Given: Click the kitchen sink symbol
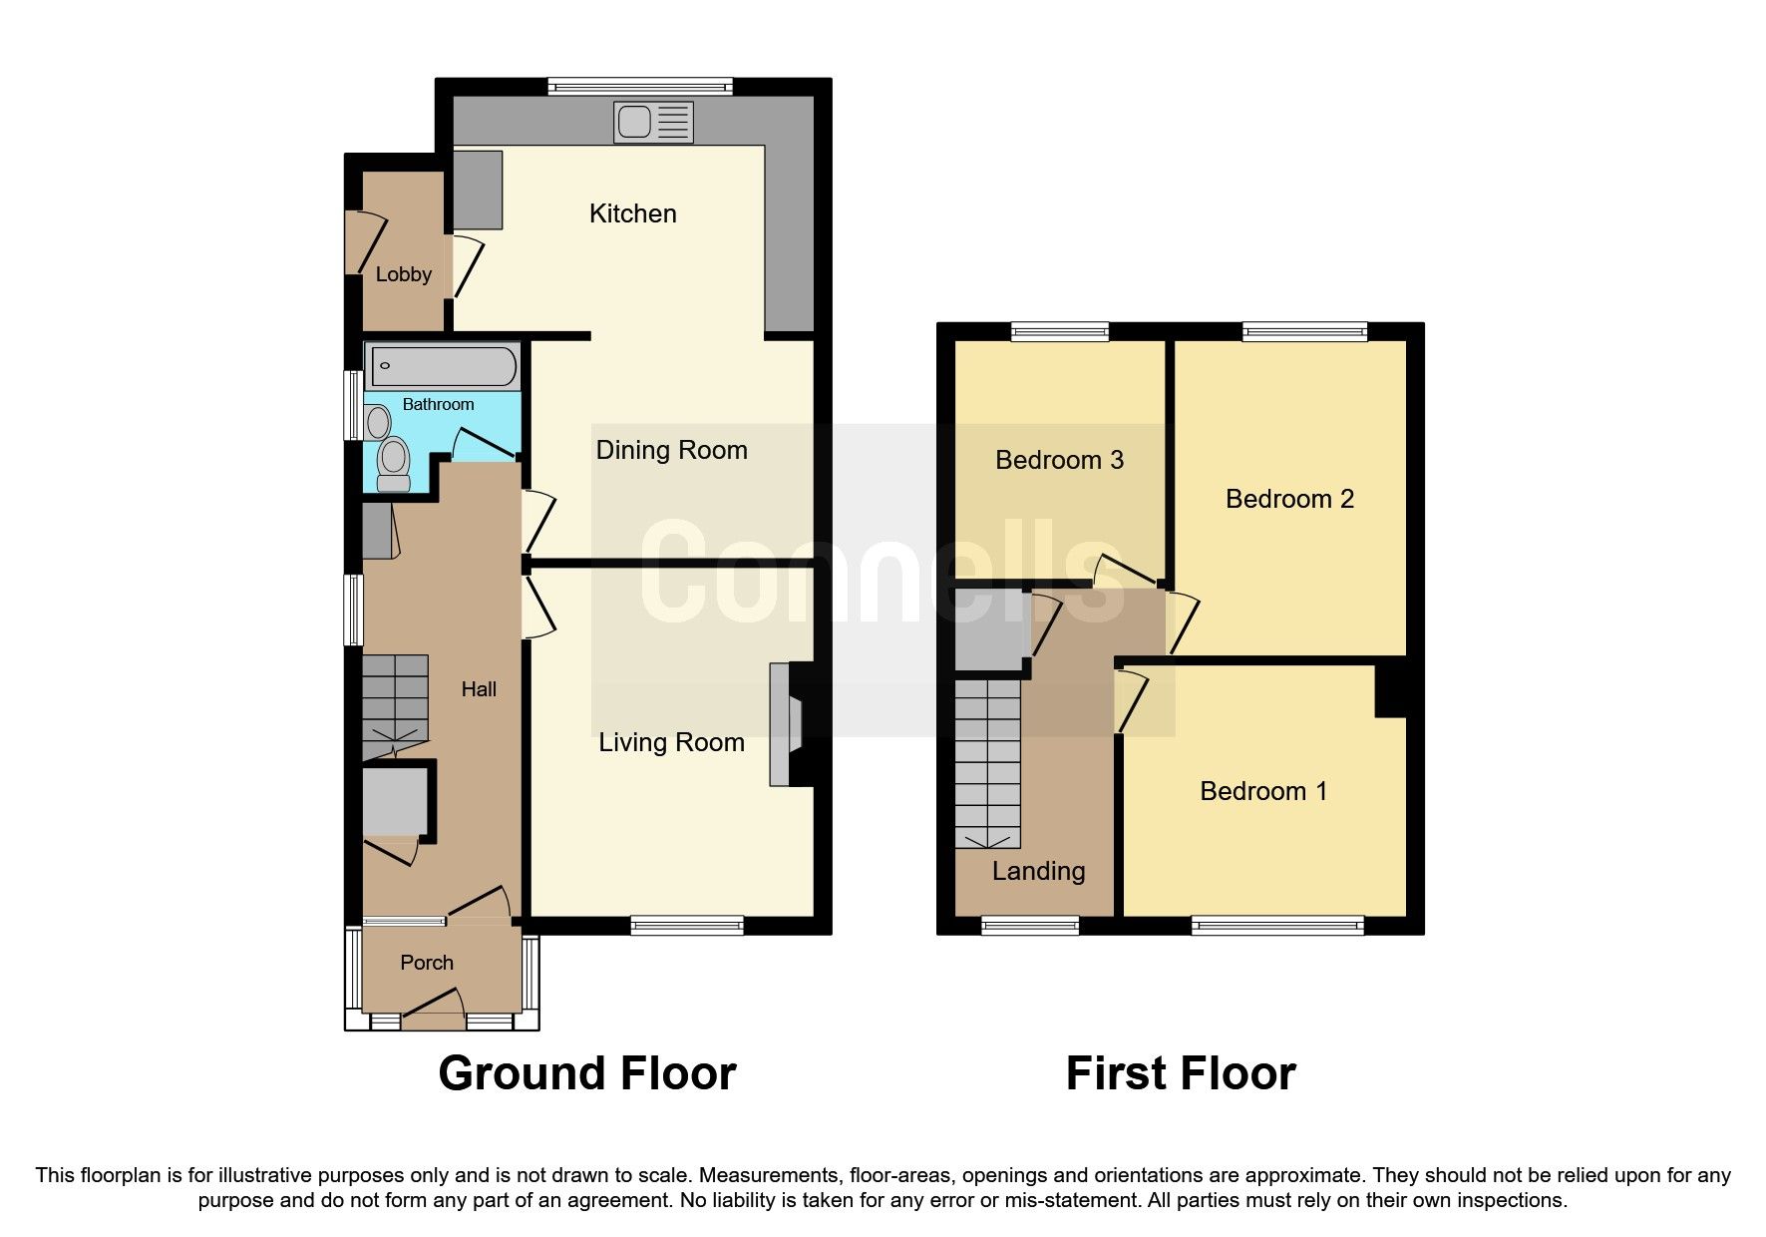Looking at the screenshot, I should pos(654,123).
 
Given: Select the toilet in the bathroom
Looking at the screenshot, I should pos(395,464).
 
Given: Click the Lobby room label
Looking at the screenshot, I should pos(403,274).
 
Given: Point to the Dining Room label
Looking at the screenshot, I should pos(671,450).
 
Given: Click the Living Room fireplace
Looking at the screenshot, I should pos(786,725).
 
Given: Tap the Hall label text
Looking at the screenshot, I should pos(479,689).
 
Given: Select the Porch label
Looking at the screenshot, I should pos(427,963).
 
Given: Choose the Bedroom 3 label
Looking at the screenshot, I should pos(1059,460).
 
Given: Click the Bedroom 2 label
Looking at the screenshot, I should pos(1289,499).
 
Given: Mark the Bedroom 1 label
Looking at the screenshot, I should pos(1263,791).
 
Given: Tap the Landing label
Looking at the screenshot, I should pos(1038,871).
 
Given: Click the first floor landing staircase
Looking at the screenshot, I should pos(987,763).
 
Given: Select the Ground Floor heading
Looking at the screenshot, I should pos(586,1073).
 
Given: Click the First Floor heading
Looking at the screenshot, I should pos(1181,1073).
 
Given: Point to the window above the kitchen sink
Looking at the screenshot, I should pos(640,87).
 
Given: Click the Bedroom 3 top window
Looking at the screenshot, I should pos(1059,331).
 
